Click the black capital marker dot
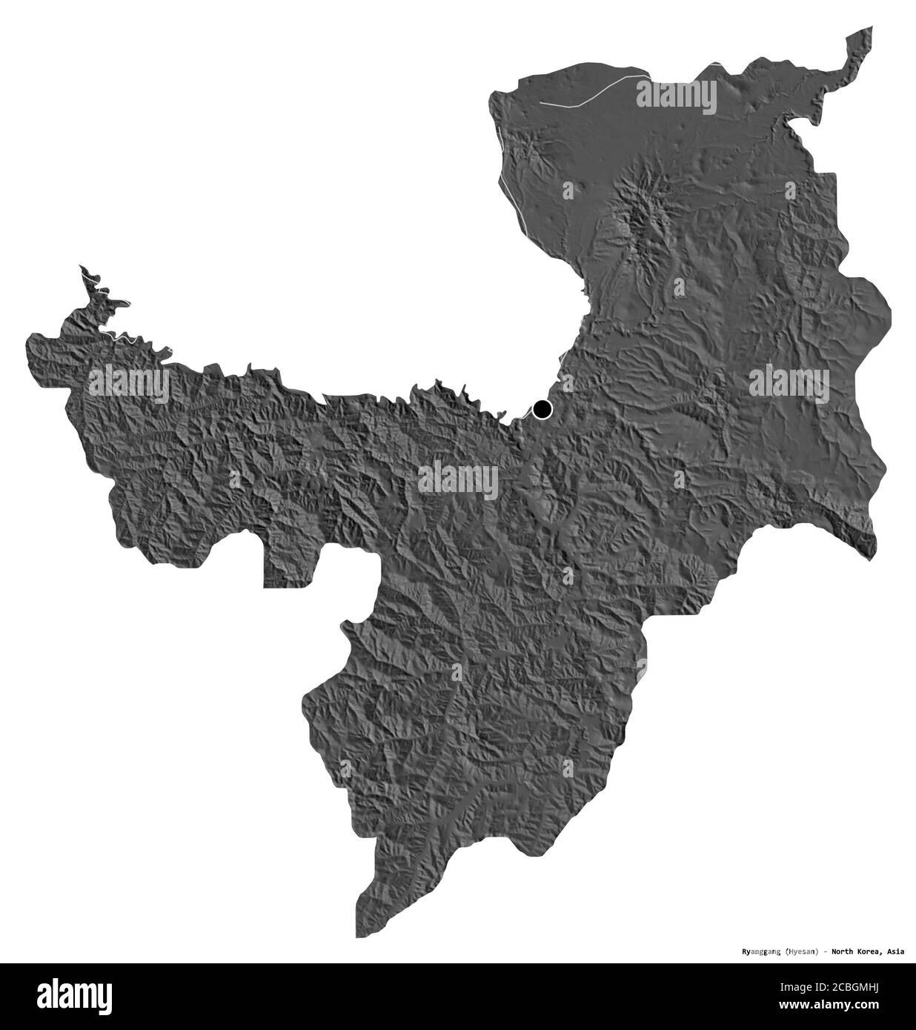542,408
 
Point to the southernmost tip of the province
359,934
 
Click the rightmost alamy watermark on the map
789,383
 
